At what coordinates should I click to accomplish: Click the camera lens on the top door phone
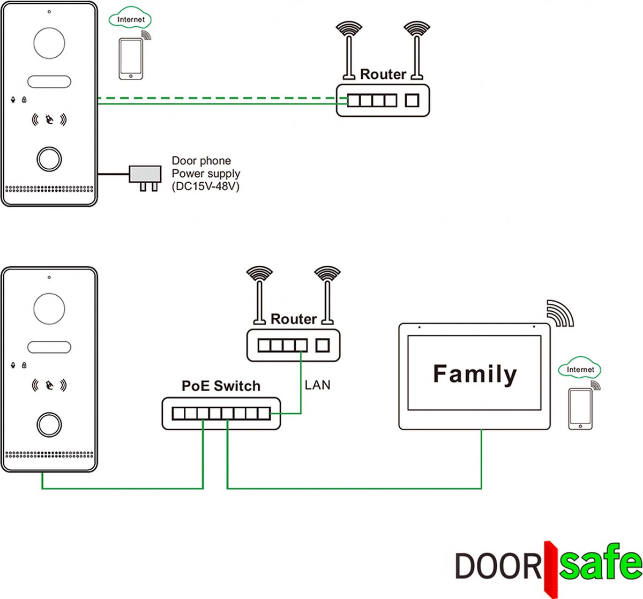point(49,43)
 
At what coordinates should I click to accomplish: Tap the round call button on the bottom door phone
point(49,424)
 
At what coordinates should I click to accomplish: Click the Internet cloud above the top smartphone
point(130,20)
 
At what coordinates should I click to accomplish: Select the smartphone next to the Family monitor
point(580,408)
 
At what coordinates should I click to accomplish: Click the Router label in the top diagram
point(383,74)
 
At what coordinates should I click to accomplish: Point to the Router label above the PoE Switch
point(293,319)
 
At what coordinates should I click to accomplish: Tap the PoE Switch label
point(221,386)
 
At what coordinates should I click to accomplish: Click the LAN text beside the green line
point(317,385)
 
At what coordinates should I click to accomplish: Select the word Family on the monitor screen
point(475,374)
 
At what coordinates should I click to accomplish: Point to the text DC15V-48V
point(206,186)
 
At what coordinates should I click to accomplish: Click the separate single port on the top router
point(412,100)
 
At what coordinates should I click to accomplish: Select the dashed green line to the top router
point(214,98)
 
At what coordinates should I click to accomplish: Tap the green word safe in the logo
point(600,564)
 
